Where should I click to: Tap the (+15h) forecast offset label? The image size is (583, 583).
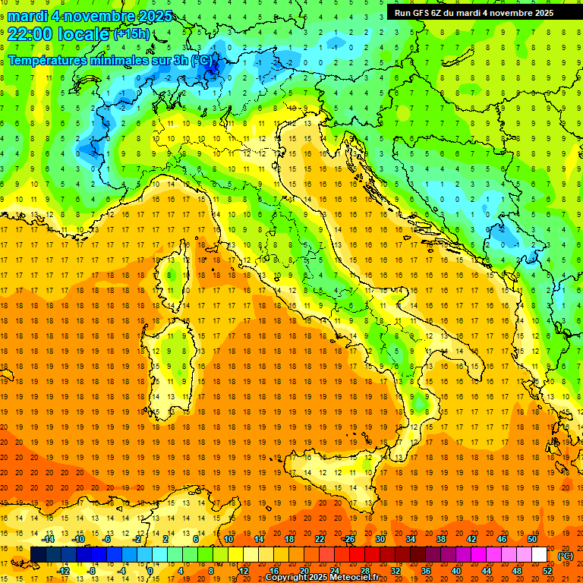(131, 33)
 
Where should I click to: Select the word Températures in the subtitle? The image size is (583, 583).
(48, 60)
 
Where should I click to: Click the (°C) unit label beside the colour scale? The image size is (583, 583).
(565, 556)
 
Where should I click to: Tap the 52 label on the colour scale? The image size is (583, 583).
(547, 570)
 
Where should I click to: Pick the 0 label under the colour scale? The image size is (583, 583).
(150, 570)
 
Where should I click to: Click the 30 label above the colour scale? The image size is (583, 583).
(380, 539)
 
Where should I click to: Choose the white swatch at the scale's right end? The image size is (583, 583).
(539, 555)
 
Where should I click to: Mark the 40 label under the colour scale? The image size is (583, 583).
(455, 570)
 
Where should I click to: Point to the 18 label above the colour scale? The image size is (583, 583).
(288, 539)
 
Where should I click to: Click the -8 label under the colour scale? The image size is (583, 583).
(92, 570)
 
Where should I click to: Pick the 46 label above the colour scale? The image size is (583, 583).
(501, 539)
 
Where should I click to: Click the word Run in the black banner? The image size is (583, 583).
(403, 12)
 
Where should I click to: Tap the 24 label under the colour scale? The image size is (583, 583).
(334, 570)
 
